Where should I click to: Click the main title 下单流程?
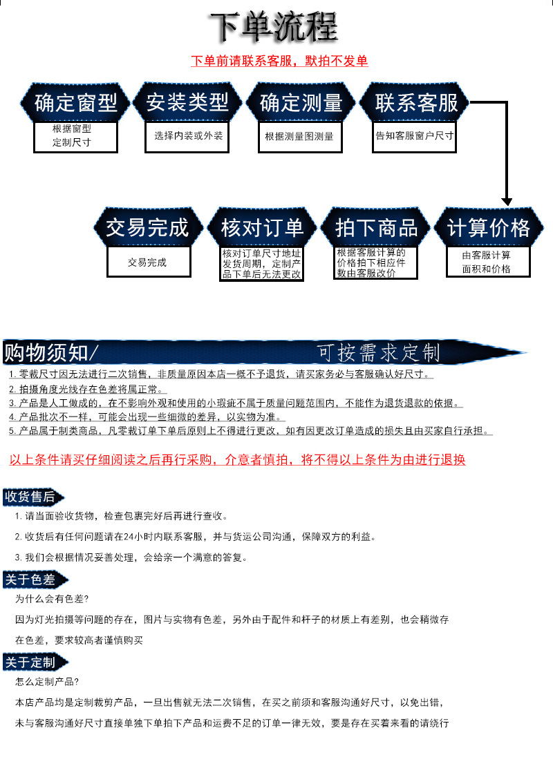[x=274, y=28]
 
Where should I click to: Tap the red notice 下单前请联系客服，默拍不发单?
[x=279, y=61]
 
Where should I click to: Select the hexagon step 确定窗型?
[x=75, y=104]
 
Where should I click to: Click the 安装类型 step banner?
[x=187, y=103]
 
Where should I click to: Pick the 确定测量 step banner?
[x=301, y=104]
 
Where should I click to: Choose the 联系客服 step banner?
[x=416, y=104]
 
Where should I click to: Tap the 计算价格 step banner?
[x=489, y=228]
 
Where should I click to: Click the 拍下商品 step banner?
[x=377, y=228]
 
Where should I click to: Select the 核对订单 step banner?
[x=262, y=228]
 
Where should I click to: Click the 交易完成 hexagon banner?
[x=147, y=228]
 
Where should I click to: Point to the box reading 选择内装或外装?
[x=189, y=136]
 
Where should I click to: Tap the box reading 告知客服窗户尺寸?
[x=415, y=136]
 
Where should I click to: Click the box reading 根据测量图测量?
[x=299, y=137]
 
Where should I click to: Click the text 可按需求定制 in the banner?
[x=379, y=353]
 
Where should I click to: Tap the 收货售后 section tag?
[x=30, y=497]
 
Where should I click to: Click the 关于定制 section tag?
[x=31, y=662]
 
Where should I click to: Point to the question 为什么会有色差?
[x=52, y=599]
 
